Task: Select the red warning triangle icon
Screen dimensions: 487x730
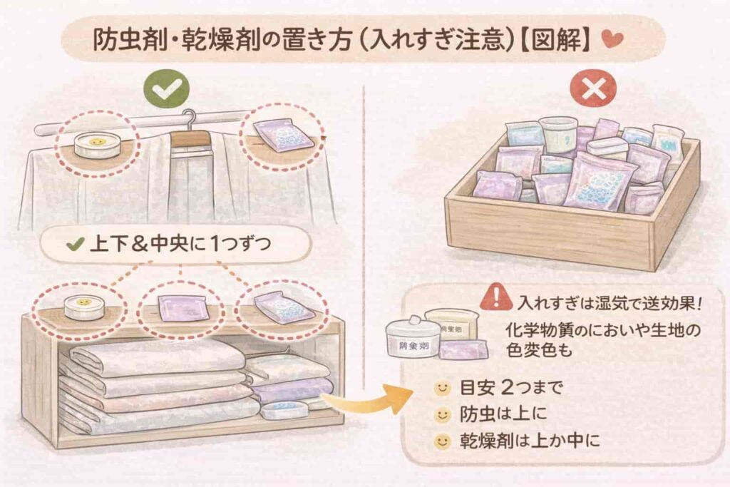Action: point(498,297)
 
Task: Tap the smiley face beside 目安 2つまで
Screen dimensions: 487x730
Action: point(442,389)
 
